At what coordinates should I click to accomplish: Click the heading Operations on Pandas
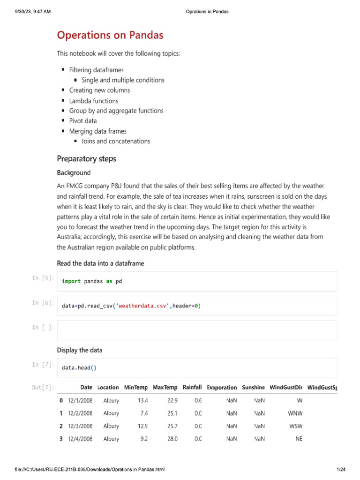pyautogui.click(x=110, y=35)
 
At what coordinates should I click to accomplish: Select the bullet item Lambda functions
pyautogui.click(x=93, y=101)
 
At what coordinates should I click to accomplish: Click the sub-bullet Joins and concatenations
pyautogui.click(x=116, y=141)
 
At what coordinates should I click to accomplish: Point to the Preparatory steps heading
pyautogui.click(x=86, y=159)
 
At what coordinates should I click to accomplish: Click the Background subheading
pyautogui.click(x=74, y=173)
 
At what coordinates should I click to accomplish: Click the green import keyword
pyautogui.click(x=71, y=281)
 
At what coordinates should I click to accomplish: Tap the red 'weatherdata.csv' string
pyautogui.click(x=143, y=306)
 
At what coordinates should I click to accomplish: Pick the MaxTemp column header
pyautogui.click(x=165, y=388)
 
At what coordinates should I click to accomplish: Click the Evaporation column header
pyautogui.click(x=222, y=388)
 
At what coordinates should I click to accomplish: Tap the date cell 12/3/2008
pyautogui.click(x=80, y=426)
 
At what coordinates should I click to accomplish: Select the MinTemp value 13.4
pyautogui.click(x=143, y=401)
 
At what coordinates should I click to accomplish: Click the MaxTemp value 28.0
pyautogui.click(x=172, y=439)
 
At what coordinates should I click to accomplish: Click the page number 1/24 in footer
pyautogui.click(x=341, y=470)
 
